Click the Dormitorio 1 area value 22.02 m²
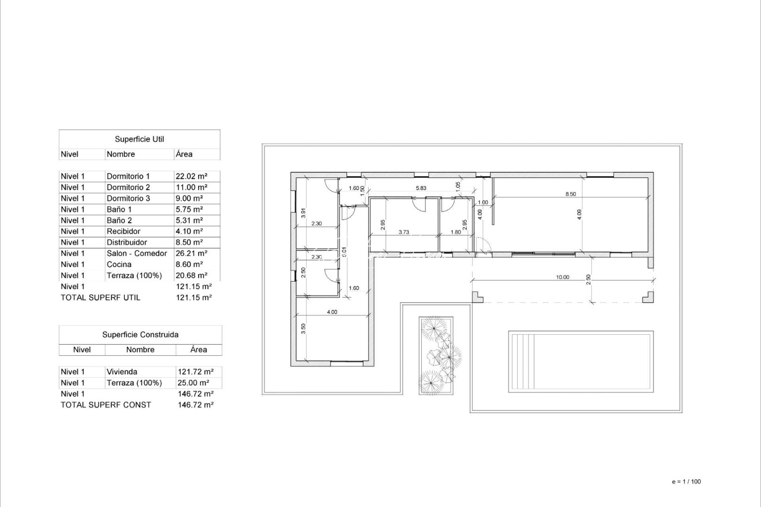pyautogui.click(x=191, y=177)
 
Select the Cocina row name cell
pyautogui.click(x=119, y=264)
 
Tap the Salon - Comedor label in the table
pyautogui.click(x=137, y=253)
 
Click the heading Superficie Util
pyautogui.click(x=140, y=139)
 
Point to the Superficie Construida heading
pyautogui.click(x=140, y=335)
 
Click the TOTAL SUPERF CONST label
pyautogui.click(x=106, y=405)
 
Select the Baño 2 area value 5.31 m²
pyautogui.click(x=189, y=220)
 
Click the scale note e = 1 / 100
pyautogui.click(x=686, y=482)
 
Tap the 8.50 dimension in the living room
pyautogui.click(x=570, y=194)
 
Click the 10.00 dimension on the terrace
pyautogui.click(x=562, y=277)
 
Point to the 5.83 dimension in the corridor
pyautogui.click(x=421, y=188)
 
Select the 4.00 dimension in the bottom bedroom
pyautogui.click(x=332, y=312)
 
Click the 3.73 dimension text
pyautogui.click(x=404, y=231)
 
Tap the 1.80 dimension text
pyautogui.click(x=456, y=231)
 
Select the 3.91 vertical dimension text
pyautogui.click(x=303, y=213)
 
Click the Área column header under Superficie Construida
pyautogui.click(x=199, y=350)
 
